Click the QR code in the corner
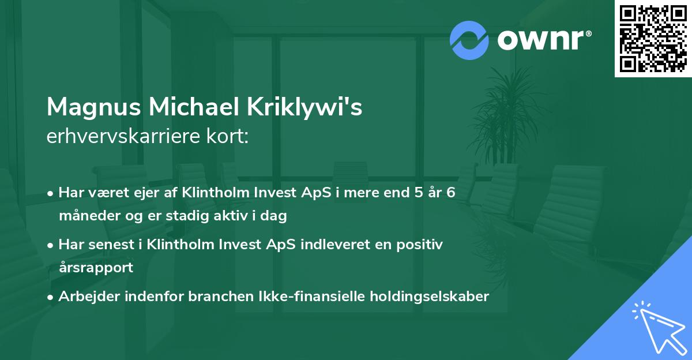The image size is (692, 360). (653, 39)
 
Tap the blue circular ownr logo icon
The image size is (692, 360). (469, 40)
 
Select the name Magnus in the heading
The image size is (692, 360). (92, 107)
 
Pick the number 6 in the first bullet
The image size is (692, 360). (451, 192)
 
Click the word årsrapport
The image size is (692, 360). (96, 267)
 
